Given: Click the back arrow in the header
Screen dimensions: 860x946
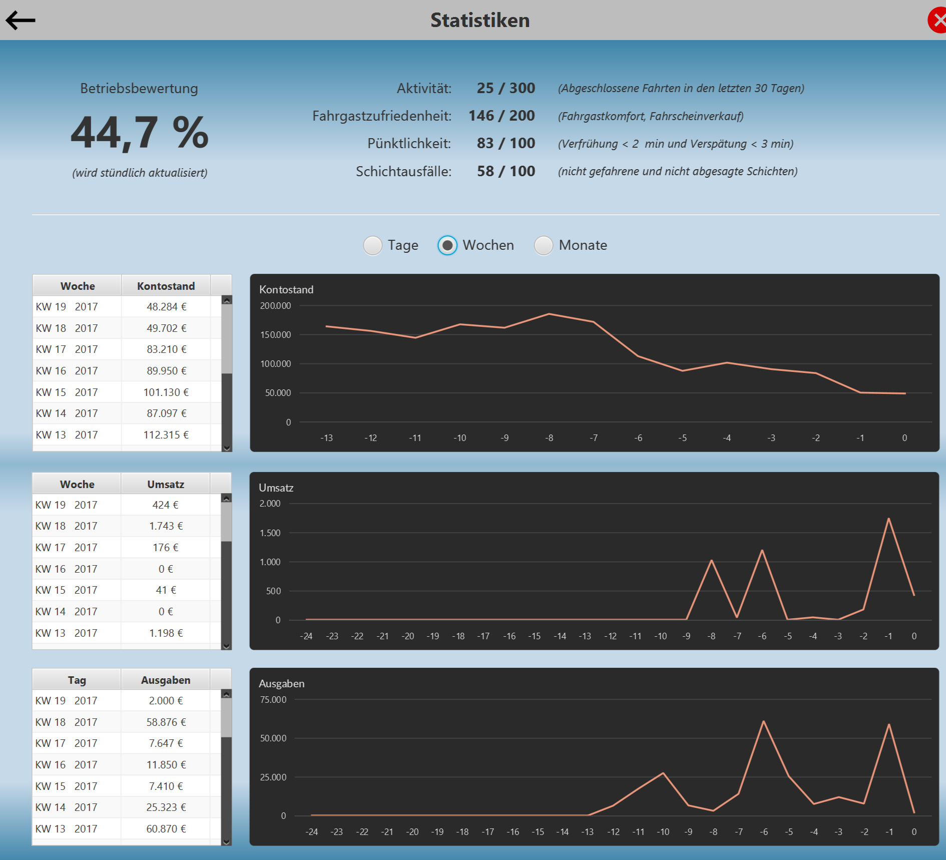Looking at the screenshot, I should click(x=21, y=21).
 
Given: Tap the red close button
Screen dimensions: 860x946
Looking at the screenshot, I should click(x=937, y=21).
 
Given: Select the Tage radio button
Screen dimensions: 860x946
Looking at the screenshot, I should click(x=373, y=245).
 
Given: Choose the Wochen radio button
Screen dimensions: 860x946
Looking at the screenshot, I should click(x=447, y=245).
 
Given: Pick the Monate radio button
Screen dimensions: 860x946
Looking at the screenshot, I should click(x=544, y=245).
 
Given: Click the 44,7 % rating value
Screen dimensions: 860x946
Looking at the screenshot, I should click(x=140, y=133).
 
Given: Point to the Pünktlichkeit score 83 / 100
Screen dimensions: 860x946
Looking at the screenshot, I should click(x=506, y=144).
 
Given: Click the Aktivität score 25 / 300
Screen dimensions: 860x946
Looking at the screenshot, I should click(x=506, y=89).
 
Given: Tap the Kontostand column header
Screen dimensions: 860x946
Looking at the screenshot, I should click(x=166, y=286).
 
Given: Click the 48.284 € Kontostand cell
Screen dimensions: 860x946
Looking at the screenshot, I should click(x=166, y=307).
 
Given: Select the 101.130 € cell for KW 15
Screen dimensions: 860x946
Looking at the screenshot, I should click(x=166, y=392).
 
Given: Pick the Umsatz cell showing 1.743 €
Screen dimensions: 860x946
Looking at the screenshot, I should click(x=166, y=526).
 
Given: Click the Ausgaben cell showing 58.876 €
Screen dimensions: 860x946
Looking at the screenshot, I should click(x=166, y=722).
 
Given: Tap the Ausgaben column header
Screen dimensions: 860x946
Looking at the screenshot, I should click(x=166, y=680).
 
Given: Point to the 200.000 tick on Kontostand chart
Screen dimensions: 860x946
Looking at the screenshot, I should click(x=275, y=306).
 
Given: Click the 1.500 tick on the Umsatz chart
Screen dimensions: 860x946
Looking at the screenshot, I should click(x=270, y=533).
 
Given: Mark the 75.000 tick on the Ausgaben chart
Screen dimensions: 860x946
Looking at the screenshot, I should click(x=273, y=700).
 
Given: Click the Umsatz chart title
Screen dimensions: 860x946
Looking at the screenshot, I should click(x=276, y=488).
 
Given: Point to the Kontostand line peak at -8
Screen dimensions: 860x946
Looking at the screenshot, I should click(x=549, y=314).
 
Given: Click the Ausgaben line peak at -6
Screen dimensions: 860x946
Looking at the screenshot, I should click(x=763, y=721).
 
